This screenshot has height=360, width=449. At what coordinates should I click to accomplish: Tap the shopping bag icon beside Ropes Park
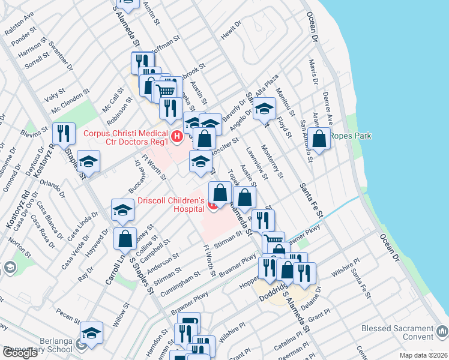point(320,139)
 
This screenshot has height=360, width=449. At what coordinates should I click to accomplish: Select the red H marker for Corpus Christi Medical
point(176,137)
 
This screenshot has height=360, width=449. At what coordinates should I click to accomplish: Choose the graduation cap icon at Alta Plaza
point(263,109)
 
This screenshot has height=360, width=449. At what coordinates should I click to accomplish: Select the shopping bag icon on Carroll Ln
point(124,238)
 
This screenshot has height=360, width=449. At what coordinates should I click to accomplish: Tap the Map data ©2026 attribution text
point(423,355)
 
